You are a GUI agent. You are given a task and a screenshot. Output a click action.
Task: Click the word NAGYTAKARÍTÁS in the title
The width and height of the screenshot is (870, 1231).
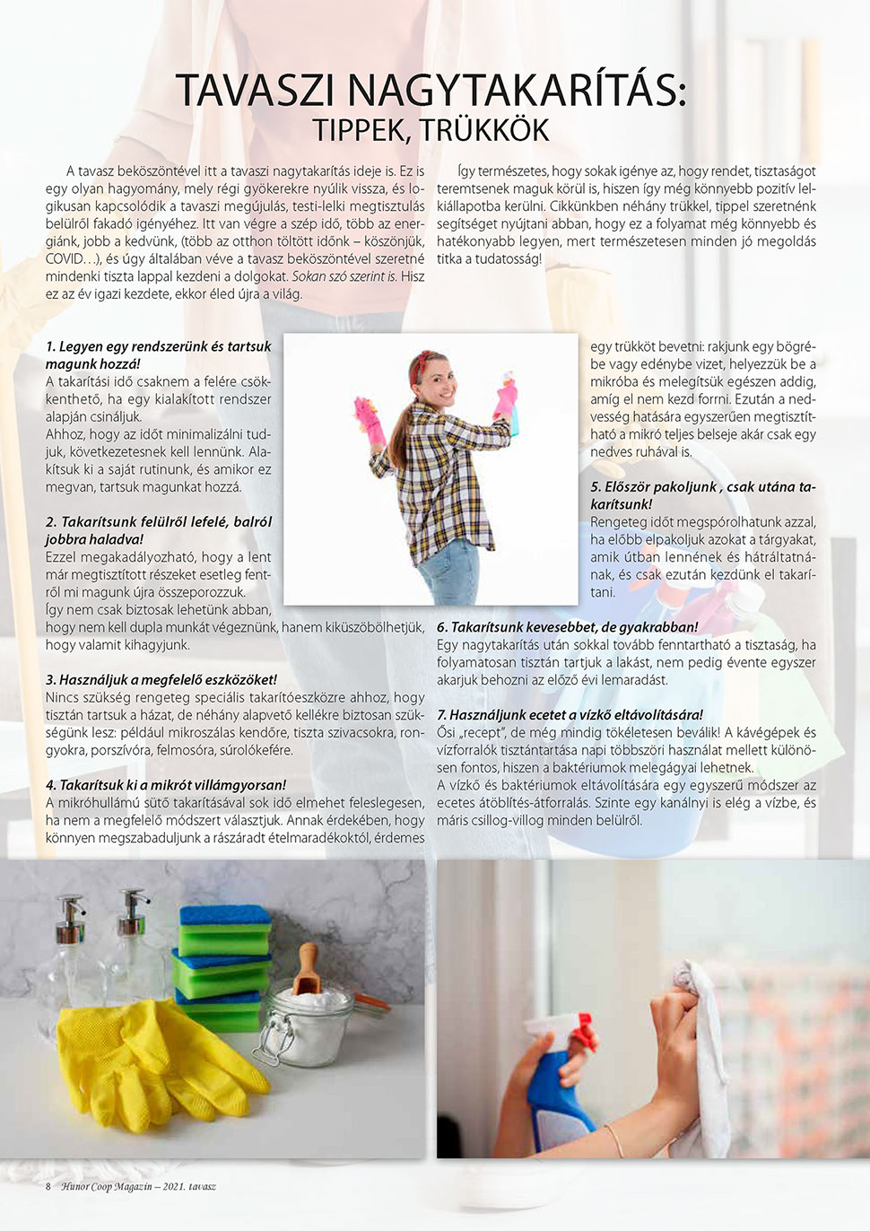coord(516,91)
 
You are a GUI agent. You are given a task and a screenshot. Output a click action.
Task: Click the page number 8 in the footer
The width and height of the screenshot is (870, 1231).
coord(48,1186)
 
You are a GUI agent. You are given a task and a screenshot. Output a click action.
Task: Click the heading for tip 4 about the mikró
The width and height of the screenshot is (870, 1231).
coord(166,785)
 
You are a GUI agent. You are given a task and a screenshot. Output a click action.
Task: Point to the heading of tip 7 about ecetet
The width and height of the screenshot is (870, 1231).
coord(570,715)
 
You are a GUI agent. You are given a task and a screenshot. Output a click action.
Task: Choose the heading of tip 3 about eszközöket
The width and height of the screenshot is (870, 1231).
coord(161,679)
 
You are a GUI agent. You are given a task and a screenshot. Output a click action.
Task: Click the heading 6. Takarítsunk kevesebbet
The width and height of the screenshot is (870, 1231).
coord(567,627)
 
